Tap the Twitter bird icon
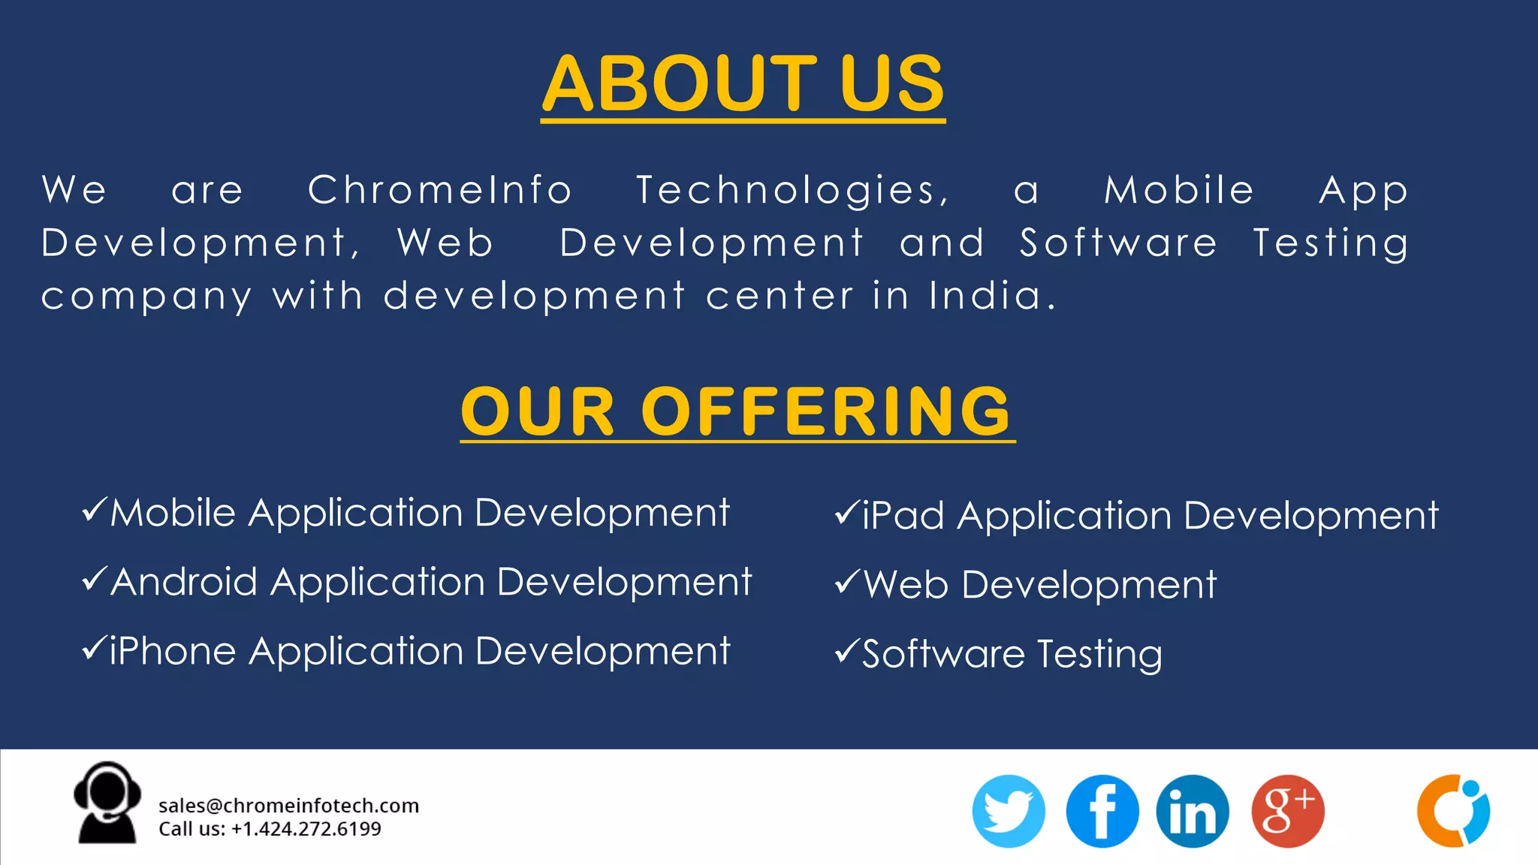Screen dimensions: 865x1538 (1008, 811)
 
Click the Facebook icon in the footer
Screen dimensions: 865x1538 (1102, 811)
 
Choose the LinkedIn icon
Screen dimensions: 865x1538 (1193, 811)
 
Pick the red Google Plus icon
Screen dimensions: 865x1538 (1287, 811)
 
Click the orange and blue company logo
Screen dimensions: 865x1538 (1453, 811)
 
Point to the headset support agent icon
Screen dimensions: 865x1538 (107, 803)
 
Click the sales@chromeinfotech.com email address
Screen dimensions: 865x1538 (288, 806)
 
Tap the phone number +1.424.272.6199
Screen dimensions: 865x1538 (306, 829)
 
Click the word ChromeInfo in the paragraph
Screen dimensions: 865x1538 (440, 190)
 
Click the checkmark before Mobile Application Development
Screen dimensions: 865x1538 (95, 510)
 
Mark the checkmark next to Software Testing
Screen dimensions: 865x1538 (846, 651)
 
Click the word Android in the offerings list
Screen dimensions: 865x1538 (184, 582)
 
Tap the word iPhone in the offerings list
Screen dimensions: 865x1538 (173, 651)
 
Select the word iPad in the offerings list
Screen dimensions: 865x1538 (903, 516)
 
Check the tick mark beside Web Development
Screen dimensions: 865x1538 (846, 582)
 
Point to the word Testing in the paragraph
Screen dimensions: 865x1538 (1331, 244)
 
